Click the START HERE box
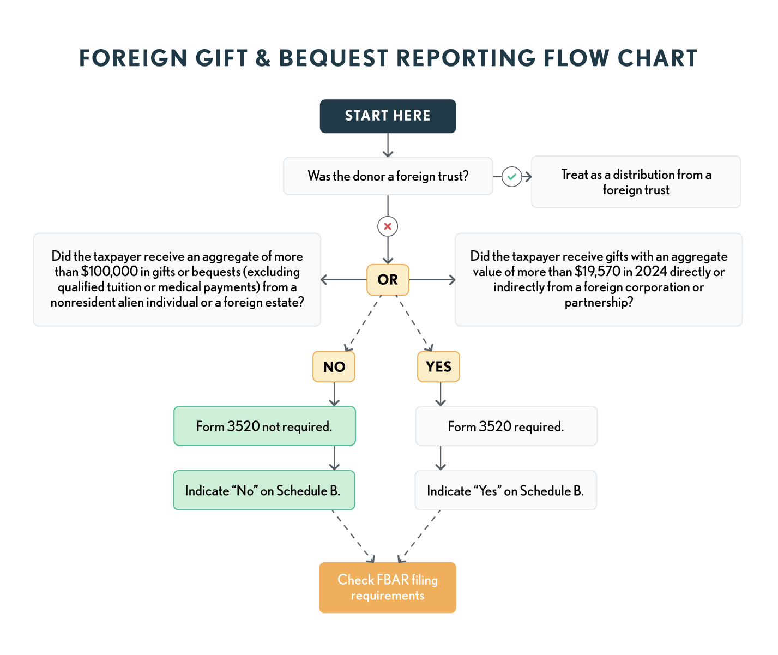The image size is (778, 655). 388,116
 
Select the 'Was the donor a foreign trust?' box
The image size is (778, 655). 388,176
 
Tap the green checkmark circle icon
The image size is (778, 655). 511,177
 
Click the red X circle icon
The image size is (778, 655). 388,226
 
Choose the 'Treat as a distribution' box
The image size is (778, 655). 636,182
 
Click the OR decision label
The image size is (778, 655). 388,280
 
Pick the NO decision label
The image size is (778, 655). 334,366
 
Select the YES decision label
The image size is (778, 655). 438,366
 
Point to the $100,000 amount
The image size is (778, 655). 109,272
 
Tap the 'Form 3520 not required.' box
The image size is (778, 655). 264,426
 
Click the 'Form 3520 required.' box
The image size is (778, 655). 506,426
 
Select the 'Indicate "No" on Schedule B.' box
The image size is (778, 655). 264,491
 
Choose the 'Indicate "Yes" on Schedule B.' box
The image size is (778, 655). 505,491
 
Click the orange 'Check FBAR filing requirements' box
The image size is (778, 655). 388,587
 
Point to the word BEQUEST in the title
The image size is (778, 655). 333,58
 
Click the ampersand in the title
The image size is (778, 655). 263,58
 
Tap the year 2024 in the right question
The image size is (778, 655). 651,272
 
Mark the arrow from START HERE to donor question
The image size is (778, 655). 388,146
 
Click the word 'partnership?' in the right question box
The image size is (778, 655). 599,302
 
